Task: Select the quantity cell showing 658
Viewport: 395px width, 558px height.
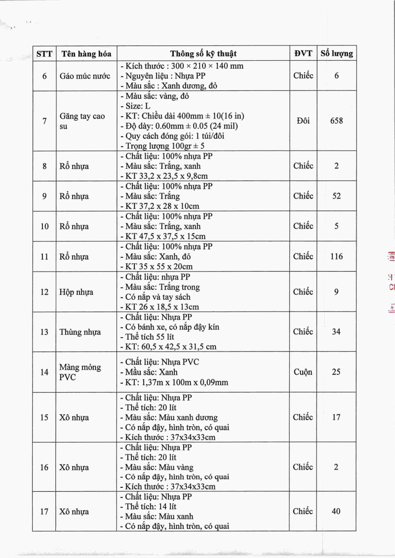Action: (336, 120)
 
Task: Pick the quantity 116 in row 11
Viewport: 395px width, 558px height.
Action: (336, 256)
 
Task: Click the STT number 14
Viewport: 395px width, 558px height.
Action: (44, 372)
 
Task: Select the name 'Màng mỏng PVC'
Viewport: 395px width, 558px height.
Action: (80, 372)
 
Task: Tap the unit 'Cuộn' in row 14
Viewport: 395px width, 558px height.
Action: (303, 372)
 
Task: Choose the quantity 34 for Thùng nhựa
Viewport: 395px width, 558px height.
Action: (336, 332)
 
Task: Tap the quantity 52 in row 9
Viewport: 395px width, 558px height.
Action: (336, 196)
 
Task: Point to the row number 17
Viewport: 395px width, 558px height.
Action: (44, 512)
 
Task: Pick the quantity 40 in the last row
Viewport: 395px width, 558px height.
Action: (336, 512)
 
